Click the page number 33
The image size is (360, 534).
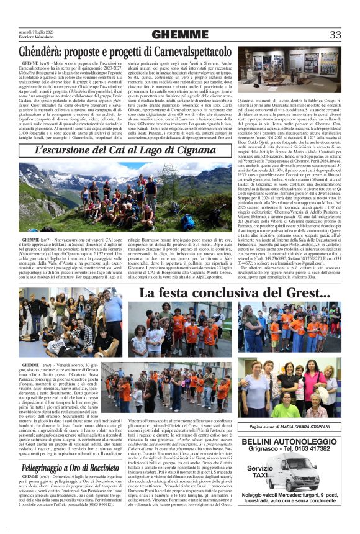coord(335,35)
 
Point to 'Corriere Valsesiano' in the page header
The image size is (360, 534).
coord(38,38)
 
